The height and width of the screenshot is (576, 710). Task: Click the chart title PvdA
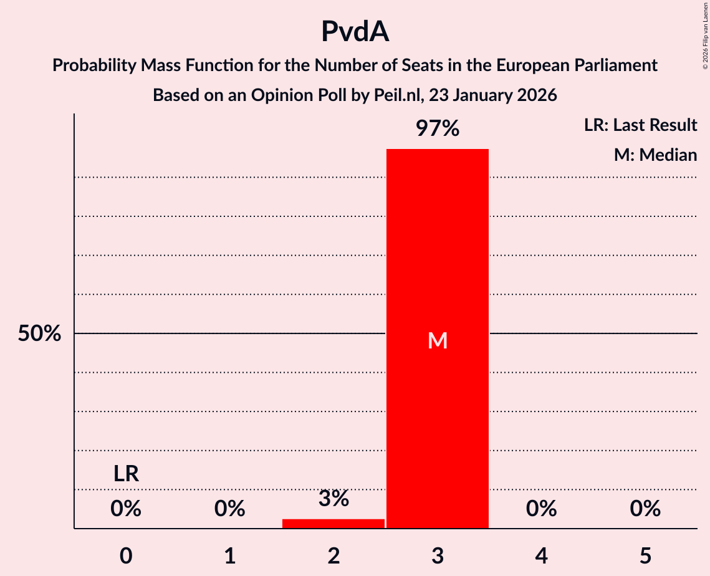(355, 32)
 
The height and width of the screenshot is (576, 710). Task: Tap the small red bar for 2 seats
(333, 523)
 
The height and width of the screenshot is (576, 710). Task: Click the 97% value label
(438, 129)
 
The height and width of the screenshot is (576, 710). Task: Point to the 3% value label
(333, 499)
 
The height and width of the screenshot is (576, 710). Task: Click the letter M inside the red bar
(438, 340)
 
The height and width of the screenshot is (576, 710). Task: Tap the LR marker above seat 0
(126, 474)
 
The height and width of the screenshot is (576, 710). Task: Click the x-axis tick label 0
(126, 556)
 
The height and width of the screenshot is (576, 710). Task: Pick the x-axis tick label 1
(230, 556)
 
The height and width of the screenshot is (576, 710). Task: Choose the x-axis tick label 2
(333, 556)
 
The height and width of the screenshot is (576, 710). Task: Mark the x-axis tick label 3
(438, 556)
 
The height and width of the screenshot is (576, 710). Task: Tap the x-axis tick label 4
(541, 556)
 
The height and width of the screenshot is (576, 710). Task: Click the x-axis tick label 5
(645, 556)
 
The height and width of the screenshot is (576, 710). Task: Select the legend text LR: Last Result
(640, 125)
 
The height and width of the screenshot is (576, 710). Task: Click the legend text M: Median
(655, 155)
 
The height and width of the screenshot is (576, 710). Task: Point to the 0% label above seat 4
(541, 509)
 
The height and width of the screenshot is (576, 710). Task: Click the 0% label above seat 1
(230, 509)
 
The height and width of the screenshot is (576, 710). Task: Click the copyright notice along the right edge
(705, 37)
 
